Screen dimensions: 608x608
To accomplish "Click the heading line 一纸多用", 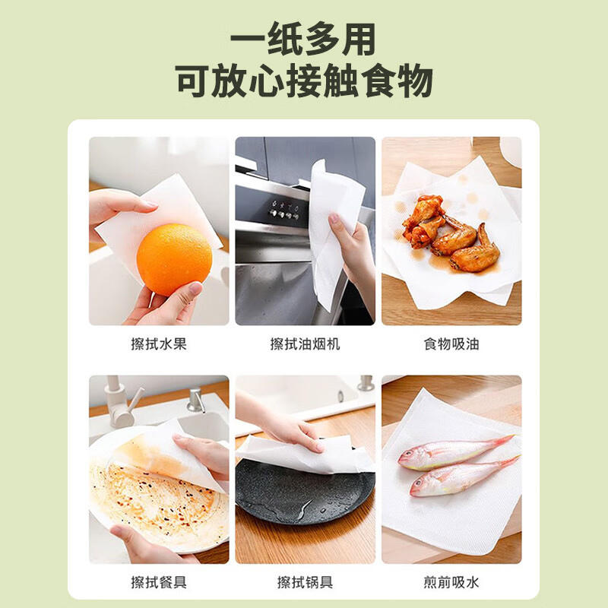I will [x=303, y=39].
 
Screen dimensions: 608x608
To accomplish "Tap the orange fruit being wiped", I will [x=174, y=259].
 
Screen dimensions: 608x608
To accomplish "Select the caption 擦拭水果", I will [x=159, y=344].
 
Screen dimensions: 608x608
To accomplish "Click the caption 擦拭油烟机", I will [x=305, y=344].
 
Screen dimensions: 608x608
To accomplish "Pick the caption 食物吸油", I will [x=451, y=344].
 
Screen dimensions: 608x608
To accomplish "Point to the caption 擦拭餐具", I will [x=159, y=583].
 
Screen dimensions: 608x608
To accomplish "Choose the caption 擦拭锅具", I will [x=305, y=583].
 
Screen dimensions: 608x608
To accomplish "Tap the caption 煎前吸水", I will [x=451, y=583].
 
